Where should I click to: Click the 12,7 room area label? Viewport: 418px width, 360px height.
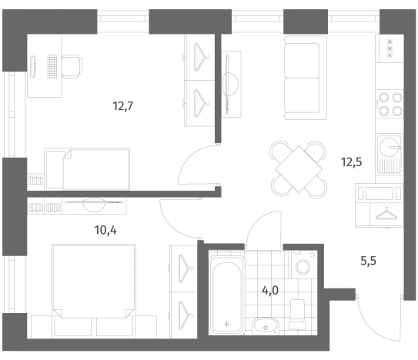(x=122, y=106)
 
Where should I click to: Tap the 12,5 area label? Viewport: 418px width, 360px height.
(x=352, y=162)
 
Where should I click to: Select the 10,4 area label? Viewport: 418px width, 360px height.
(x=105, y=230)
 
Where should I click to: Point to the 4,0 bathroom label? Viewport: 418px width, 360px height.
(x=270, y=290)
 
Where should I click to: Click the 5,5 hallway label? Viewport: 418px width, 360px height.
(x=369, y=261)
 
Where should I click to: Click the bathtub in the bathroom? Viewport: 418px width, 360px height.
(x=226, y=295)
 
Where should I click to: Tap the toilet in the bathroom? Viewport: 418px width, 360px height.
(x=297, y=315)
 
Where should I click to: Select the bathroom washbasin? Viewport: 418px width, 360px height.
(x=266, y=326)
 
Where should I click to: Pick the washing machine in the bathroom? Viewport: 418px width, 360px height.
(x=303, y=264)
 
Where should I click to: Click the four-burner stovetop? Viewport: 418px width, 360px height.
(x=390, y=104)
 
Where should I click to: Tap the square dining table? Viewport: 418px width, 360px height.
(x=299, y=169)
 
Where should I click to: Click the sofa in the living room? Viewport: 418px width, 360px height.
(x=306, y=78)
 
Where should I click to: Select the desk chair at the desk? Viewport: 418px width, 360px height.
(x=72, y=66)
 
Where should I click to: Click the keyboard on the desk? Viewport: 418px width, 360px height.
(x=52, y=66)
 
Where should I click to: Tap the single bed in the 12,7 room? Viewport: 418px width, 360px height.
(x=87, y=169)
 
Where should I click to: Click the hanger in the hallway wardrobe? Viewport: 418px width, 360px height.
(x=386, y=213)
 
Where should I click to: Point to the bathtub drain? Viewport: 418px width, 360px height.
(x=227, y=324)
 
